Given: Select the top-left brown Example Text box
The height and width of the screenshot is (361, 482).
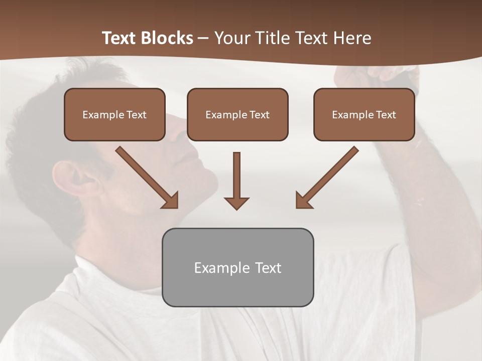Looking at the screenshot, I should pyautogui.click(x=114, y=114).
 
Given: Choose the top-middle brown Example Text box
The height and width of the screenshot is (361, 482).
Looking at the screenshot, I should pyautogui.click(x=237, y=114).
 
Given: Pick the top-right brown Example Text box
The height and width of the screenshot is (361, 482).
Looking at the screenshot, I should pyautogui.click(x=364, y=114).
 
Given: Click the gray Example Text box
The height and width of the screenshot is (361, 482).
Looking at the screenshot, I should pyautogui.click(x=237, y=267).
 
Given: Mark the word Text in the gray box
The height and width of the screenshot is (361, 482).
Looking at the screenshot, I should pyautogui.click(x=268, y=268).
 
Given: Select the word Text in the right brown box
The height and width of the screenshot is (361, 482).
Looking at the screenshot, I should pyautogui.click(x=386, y=115).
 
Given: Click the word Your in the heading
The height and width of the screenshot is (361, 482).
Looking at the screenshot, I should pyautogui.click(x=231, y=38).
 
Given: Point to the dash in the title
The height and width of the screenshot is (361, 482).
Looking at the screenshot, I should pyautogui.click(x=203, y=38).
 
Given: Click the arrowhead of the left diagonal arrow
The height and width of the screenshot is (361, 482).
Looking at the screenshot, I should pyautogui.click(x=171, y=200).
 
